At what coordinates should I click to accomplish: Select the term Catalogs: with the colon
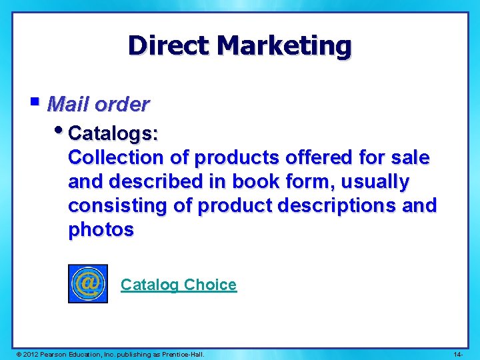coord(113,134)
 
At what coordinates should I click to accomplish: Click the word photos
coord(101,230)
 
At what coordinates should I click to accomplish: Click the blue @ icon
coord(87,284)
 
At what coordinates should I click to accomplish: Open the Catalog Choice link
coord(178,285)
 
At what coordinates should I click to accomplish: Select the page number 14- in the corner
coord(458,353)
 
